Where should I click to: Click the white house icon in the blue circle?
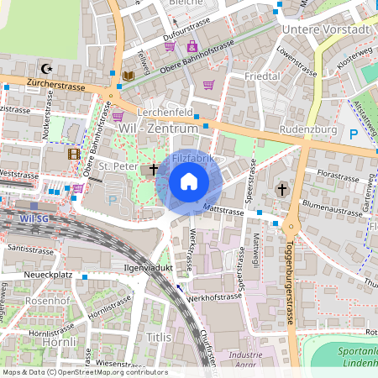pyautogui.click(x=189, y=181)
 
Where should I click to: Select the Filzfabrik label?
pyautogui.click(x=193, y=158)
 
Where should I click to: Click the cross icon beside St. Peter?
pyautogui.click(x=154, y=169)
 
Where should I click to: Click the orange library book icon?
pyautogui.click(x=128, y=76)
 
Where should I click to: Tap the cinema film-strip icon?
pyautogui.click(x=75, y=154)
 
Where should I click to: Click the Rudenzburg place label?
pyautogui.click(x=308, y=130)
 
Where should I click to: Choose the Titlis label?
pyautogui.click(x=159, y=337)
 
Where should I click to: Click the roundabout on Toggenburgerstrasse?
pyautogui.click(x=292, y=226)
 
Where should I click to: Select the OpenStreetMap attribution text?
pyautogui.click(x=84, y=372)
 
